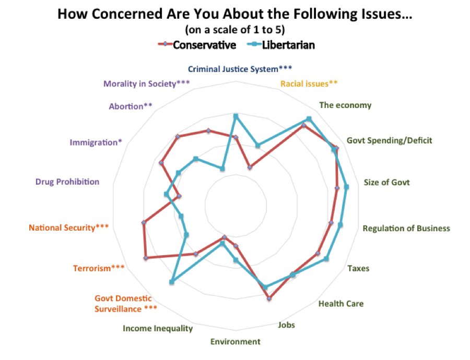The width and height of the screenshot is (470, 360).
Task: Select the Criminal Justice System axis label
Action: click(240, 68)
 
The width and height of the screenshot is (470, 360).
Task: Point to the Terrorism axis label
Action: click(99, 268)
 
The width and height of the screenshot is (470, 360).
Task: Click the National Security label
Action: click(69, 227)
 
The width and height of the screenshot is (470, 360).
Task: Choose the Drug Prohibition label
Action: click(67, 182)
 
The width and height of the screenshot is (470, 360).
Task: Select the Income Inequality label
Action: click(158, 328)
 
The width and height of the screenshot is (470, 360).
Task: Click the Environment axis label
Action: click(235, 342)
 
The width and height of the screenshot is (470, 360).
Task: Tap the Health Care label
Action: click(341, 303)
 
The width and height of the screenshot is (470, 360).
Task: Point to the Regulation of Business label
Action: click(406, 228)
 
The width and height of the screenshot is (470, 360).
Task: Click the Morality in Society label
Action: click(146, 83)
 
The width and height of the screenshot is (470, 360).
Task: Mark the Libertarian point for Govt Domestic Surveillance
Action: click(172, 282)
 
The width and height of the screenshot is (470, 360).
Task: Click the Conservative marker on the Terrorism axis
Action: click(146, 258)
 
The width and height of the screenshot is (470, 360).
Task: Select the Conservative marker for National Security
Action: click(143, 223)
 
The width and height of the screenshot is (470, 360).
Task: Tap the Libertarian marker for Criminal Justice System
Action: click(236, 116)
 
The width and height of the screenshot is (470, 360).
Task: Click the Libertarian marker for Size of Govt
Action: click(346, 186)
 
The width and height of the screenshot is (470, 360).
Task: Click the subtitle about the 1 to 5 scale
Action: click(234, 29)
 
